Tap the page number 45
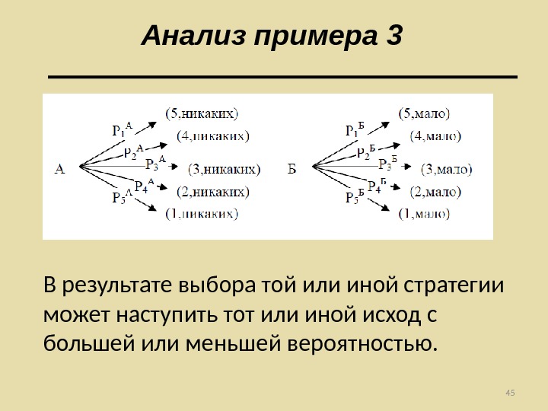(x=510, y=392)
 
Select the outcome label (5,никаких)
(x=202, y=114)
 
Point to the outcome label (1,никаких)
(x=202, y=214)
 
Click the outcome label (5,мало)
(x=425, y=114)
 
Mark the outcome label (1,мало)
(x=425, y=214)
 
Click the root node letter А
(x=60, y=168)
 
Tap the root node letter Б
(x=292, y=168)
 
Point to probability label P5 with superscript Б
(x=355, y=197)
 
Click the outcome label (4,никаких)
(x=212, y=136)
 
